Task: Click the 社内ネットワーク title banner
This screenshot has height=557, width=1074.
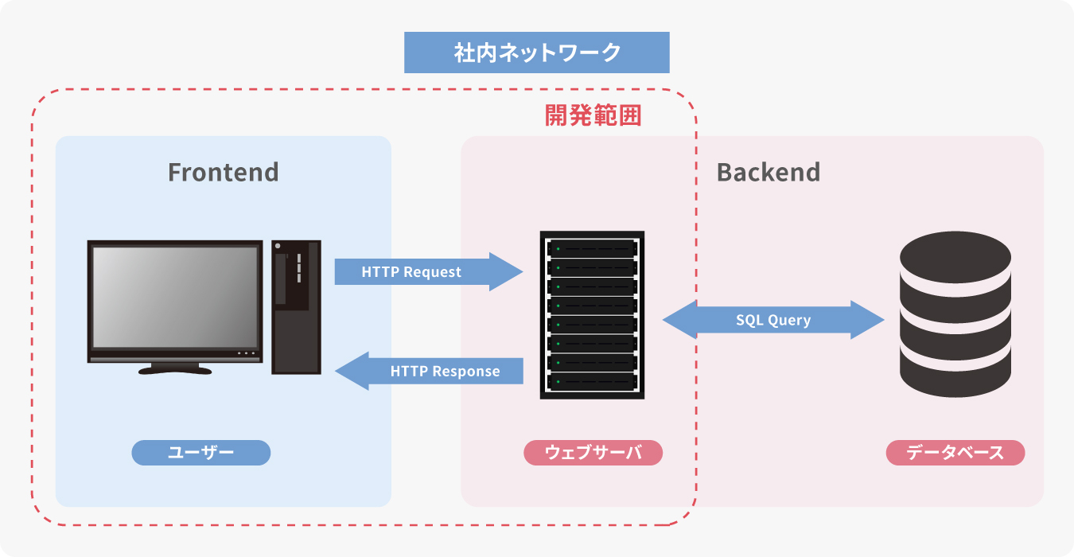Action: point(537,53)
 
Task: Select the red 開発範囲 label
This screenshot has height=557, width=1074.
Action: point(593,115)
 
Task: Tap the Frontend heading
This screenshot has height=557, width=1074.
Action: point(224,172)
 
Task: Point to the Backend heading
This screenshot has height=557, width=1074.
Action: point(768,172)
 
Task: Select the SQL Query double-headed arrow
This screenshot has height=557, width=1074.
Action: point(773,320)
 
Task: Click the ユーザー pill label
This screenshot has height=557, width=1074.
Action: point(201,453)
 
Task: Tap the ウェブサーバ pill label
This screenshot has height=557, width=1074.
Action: point(593,453)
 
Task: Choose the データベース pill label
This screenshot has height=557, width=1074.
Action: point(955,453)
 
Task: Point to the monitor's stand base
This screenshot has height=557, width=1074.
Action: point(175,369)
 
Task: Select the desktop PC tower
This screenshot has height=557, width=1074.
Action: point(296,306)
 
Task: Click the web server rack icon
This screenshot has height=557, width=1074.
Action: point(592,315)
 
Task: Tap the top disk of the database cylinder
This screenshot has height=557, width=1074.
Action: point(955,256)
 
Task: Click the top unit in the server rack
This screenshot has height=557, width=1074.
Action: point(592,248)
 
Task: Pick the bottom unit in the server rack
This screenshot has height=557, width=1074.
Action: point(592,382)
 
